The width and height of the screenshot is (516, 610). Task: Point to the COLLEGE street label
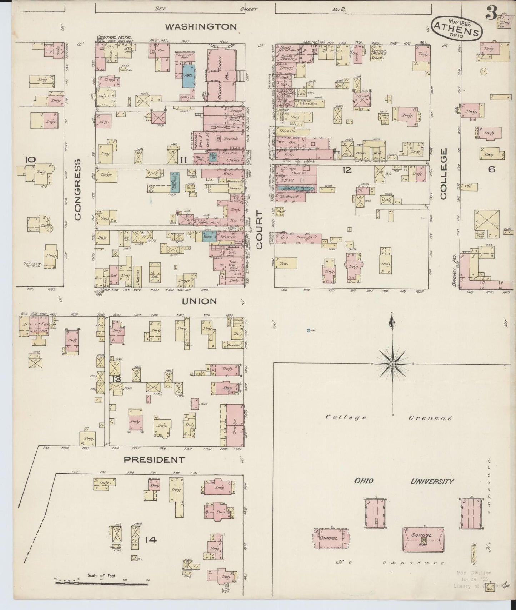tap(444, 174)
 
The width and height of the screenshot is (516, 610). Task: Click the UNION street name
tap(199, 301)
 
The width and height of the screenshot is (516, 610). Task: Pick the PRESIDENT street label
tap(154, 459)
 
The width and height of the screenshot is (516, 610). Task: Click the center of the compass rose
tap(392, 364)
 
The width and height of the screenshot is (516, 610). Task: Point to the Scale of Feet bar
tap(101, 584)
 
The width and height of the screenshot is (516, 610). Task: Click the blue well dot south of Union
tap(308, 331)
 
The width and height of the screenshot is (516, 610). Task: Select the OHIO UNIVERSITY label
tap(404, 481)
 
